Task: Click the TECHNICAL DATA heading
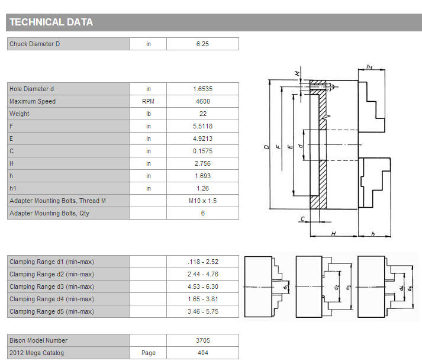(51, 22)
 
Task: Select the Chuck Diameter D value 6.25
(202, 44)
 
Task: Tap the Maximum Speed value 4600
(202, 101)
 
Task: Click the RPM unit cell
(149, 101)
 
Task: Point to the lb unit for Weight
(149, 114)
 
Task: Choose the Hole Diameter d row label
(31, 89)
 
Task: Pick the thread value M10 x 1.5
(202, 201)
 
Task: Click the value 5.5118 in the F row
(202, 126)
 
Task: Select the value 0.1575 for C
(202, 151)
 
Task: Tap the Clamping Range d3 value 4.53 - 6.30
(202, 286)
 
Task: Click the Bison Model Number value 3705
(202, 340)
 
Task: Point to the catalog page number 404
(202, 353)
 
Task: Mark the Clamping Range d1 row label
(51, 262)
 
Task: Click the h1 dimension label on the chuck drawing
(369, 66)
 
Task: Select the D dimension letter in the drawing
(266, 147)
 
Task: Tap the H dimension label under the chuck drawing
(333, 233)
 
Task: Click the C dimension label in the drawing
(302, 219)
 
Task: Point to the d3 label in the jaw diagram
(348, 288)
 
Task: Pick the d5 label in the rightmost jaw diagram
(410, 288)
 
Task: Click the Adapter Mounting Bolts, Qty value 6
(202, 213)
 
